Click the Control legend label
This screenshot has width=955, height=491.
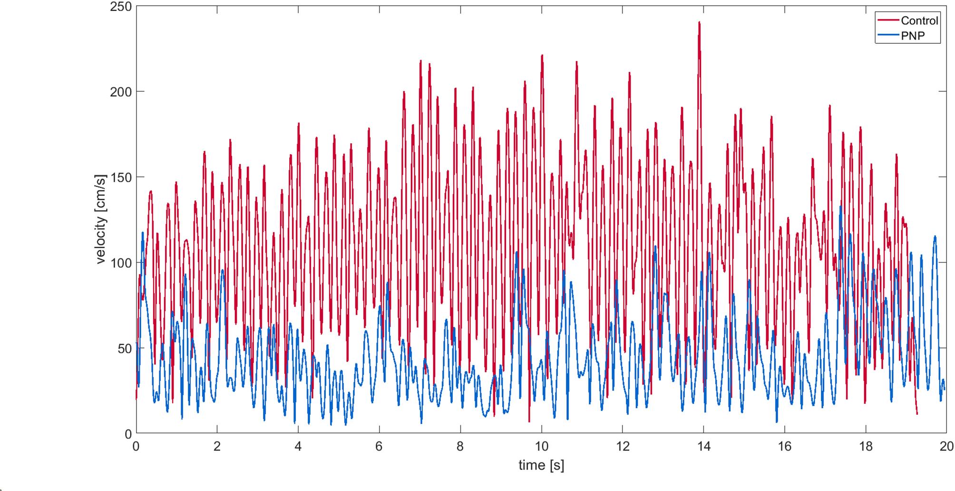[x=919, y=20]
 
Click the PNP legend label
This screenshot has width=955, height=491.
[x=912, y=36]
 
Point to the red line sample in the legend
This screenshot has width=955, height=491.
[x=888, y=20]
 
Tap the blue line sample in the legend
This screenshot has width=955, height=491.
[x=888, y=35]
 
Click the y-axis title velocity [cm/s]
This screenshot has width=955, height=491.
[x=100, y=219]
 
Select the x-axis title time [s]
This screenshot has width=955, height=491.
[x=541, y=465]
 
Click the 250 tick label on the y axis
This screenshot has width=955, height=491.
[x=120, y=7]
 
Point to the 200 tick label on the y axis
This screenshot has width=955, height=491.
[x=120, y=92]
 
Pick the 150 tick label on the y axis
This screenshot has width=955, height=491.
[x=120, y=177]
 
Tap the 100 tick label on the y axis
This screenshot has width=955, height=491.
[x=120, y=263]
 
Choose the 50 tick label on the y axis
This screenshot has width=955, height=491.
[x=124, y=348]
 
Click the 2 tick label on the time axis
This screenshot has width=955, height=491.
[x=217, y=446]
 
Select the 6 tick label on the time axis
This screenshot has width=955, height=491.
[x=379, y=446]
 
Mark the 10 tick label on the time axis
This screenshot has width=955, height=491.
[x=541, y=446]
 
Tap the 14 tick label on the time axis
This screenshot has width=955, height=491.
[x=703, y=446]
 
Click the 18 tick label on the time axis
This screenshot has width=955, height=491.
[x=866, y=446]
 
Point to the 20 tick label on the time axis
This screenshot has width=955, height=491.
[x=946, y=446]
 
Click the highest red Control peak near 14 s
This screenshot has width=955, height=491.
[x=699, y=22]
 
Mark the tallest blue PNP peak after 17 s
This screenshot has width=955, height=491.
[x=840, y=207]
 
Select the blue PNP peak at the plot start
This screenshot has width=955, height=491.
[x=142, y=233]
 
